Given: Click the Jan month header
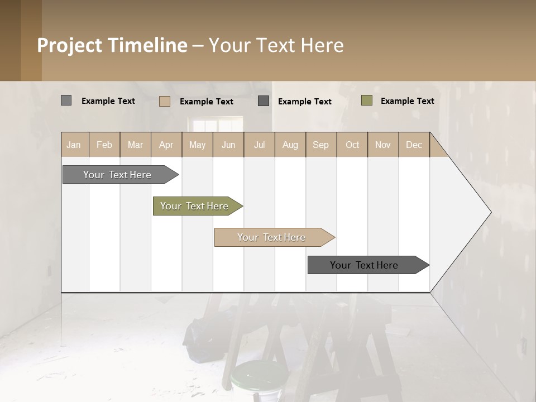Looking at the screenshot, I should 74,145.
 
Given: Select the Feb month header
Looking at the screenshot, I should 104,145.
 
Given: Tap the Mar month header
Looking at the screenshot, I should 135,145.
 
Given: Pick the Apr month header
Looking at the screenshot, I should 166,145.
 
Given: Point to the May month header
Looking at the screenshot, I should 197,145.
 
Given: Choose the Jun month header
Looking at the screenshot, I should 228,145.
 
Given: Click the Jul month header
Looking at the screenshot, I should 259,145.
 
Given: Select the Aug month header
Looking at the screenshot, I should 290,145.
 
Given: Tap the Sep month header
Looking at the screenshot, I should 321,145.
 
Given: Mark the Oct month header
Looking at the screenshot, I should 352,145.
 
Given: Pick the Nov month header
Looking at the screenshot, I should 383,145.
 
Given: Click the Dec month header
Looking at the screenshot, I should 414,145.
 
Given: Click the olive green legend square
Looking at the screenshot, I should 367,100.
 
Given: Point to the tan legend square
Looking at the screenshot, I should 165,101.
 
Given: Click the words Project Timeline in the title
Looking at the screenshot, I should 112,45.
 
